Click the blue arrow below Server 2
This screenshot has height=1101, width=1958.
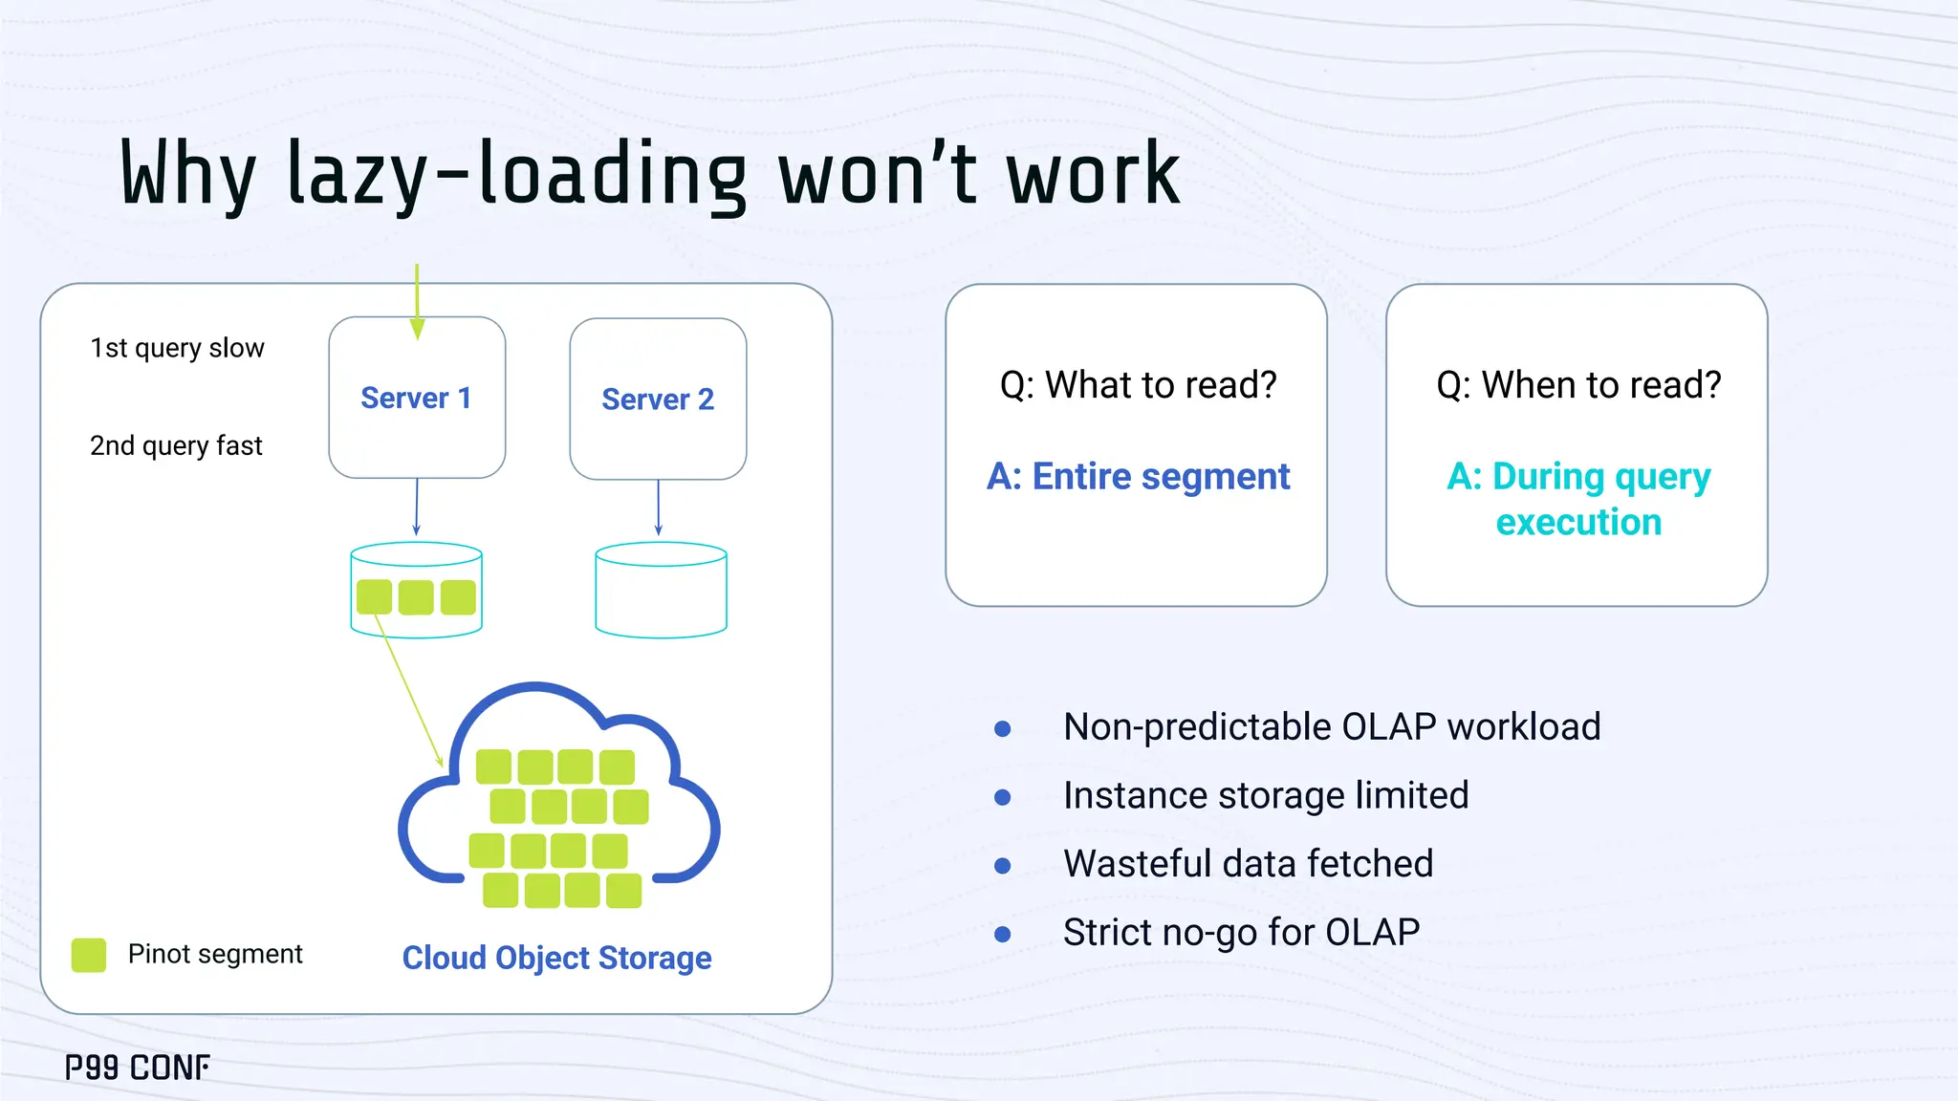pos(658,507)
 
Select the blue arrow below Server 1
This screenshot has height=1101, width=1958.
pos(417,507)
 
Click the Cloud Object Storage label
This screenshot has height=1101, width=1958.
pos(556,958)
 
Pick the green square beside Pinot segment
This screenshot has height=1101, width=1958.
pos(89,955)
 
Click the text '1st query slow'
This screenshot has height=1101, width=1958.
pos(177,348)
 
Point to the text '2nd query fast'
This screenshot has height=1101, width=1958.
pos(176,445)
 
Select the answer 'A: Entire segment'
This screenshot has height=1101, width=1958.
pos(1138,476)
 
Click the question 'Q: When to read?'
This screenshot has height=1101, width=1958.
pos(1578,384)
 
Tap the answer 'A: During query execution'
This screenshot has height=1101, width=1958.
pos(1578,499)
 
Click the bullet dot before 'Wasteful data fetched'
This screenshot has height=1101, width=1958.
pos(1003,866)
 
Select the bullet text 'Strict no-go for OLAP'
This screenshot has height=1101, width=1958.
pos(1241,932)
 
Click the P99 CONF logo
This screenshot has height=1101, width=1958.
pos(138,1068)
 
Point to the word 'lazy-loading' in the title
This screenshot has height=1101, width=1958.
pos(516,175)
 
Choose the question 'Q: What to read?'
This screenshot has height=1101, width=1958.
pos(1138,384)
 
